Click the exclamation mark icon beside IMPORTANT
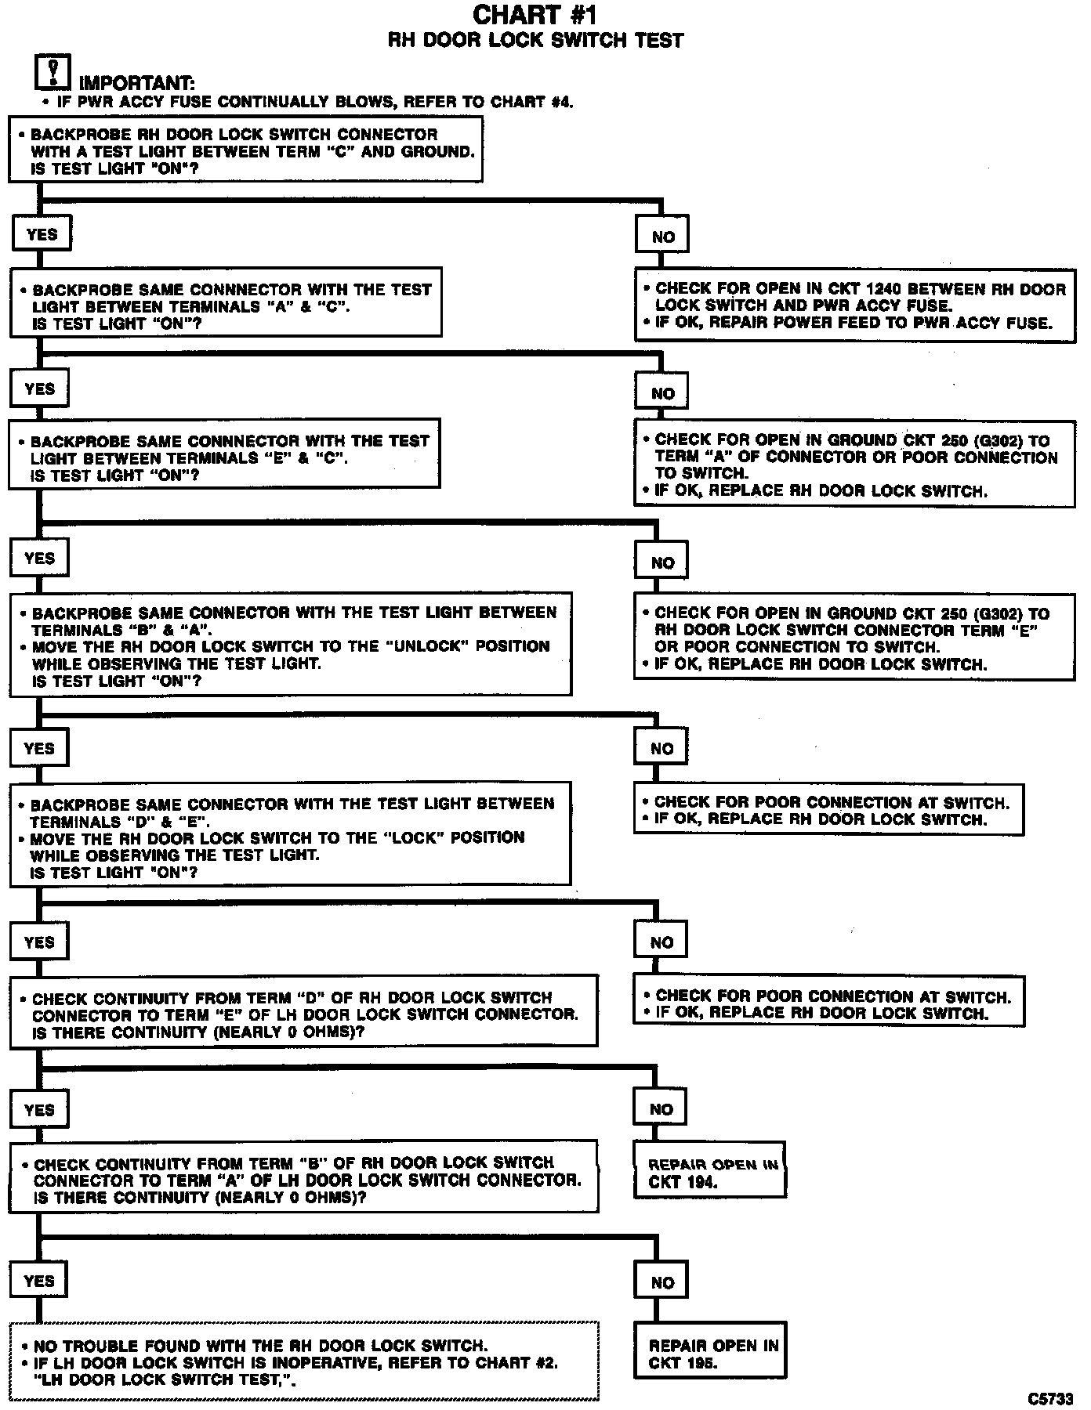pyautogui.click(x=53, y=72)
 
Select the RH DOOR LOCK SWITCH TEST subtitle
pyautogui.click(x=536, y=41)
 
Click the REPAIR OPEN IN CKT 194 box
pyautogui.click(x=709, y=1173)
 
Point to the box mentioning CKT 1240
pyautogui.click(x=854, y=305)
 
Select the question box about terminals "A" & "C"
pyautogui.click(x=225, y=306)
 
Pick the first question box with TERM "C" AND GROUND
pyautogui.click(x=245, y=150)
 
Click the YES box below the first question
pyautogui.click(x=41, y=234)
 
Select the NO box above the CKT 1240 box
pyautogui.click(x=663, y=237)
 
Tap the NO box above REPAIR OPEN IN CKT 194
pyautogui.click(x=661, y=1109)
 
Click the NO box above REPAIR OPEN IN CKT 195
pyautogui.click(x=661, y=1282)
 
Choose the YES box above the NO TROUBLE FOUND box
pyautogui.click(x=39, y=1281)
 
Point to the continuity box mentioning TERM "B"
pyautogui.click(x=303, y=1179)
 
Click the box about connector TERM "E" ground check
pyautogui.click(x=854, y=638)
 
